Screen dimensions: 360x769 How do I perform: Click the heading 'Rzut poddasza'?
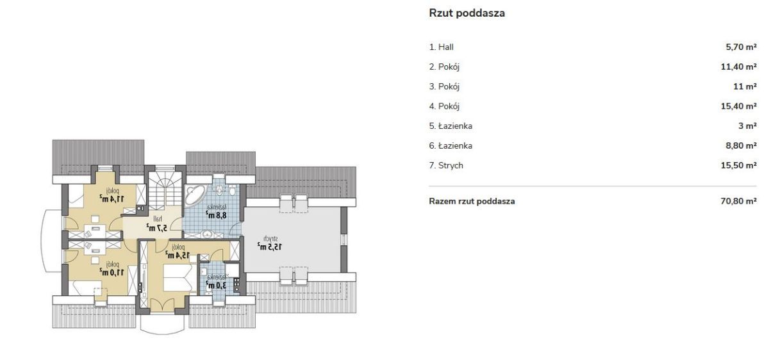click(x=467, y=13)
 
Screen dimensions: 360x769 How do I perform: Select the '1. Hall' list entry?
click(x=442, y=47)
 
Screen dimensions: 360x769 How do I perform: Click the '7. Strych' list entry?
click(x=446, y=165)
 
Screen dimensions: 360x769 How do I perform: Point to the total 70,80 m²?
click(x=739, y=201)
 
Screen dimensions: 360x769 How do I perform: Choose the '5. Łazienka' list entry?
click(x=451, y=126)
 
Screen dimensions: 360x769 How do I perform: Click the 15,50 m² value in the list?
click(x=739, y=165)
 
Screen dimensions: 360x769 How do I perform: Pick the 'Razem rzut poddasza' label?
click(x=472, y=201)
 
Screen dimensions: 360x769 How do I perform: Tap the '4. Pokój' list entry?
click(x=445, y=106)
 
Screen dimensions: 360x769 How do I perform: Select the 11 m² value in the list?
click(x=746, y=86)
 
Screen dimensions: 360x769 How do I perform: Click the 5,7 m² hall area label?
click(x=157, y=226)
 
